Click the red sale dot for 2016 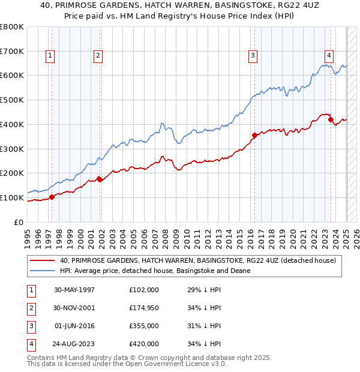pos(254,135)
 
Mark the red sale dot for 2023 pos(331,119)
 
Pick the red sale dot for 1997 pos(52,197)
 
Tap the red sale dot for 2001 pos(100,179)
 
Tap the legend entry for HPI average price pos(155,271)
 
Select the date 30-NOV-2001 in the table pos(74,307)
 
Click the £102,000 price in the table pos(144,289)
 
